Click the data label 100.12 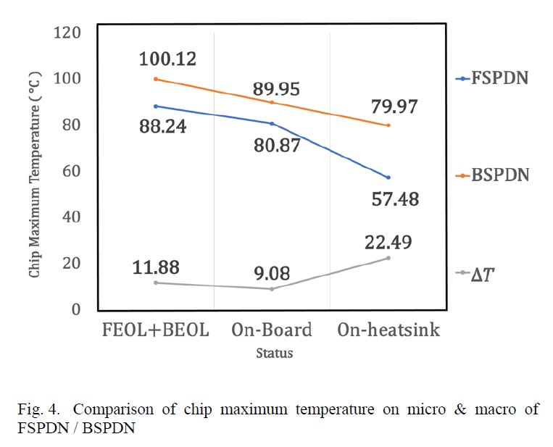click(x=168, y=59)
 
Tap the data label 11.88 click(x=156, y=267)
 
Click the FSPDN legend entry click(x=492, y=78)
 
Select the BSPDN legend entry click(x=492, y=175)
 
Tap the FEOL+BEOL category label click(x=156, y=330)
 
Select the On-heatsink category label click(x=388, y=330)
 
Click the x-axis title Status click(x=274, y=354)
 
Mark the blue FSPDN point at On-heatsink click(x=388, y=177)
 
